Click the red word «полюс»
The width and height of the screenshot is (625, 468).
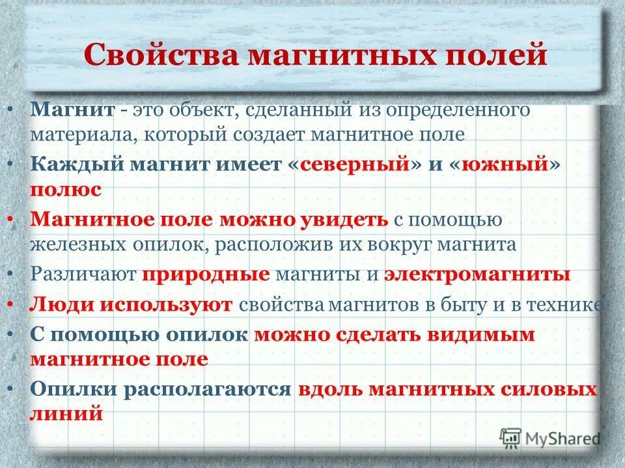(x=65, y=189)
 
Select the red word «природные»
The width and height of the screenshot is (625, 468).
(x=206, y=274)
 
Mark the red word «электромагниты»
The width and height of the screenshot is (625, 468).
(x=477, y=274)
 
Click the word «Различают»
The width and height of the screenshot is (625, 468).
(x=83, y=274)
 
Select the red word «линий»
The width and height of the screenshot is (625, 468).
(x=66, y=414)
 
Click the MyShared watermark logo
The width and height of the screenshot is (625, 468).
(x=551, y=438)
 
